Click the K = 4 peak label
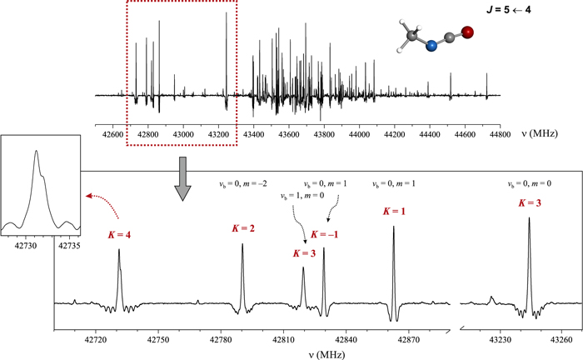point(120,235)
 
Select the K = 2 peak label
point(242,227)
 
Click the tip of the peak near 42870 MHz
point(393,227)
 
